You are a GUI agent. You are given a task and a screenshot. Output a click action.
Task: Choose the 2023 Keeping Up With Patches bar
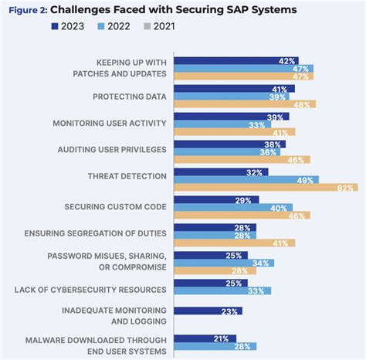click(x=236, y=60)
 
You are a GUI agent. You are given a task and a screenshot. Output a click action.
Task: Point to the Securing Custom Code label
click(x=115, y=207)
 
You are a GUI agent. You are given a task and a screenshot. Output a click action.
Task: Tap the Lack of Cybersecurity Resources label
click(x=90, y=290)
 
